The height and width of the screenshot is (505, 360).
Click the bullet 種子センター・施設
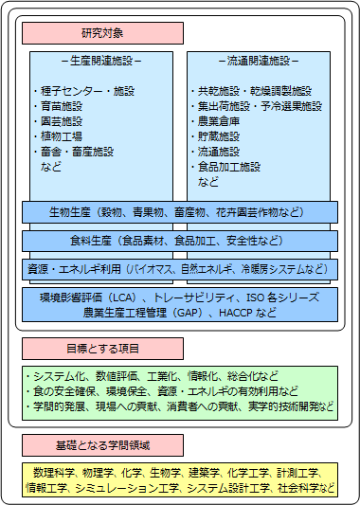[x=83, y=91]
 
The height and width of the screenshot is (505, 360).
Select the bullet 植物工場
[x=61, y=136]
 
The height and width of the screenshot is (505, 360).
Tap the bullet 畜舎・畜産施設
[x=77, y=152]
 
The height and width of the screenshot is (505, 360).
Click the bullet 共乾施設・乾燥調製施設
[x=251, y=91]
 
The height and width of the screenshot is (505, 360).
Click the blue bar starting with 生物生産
[x=179, y=210]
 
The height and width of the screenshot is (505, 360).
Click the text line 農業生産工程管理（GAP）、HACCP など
[x=179, y=311]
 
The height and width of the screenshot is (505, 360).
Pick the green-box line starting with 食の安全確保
[x=165, y=389]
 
